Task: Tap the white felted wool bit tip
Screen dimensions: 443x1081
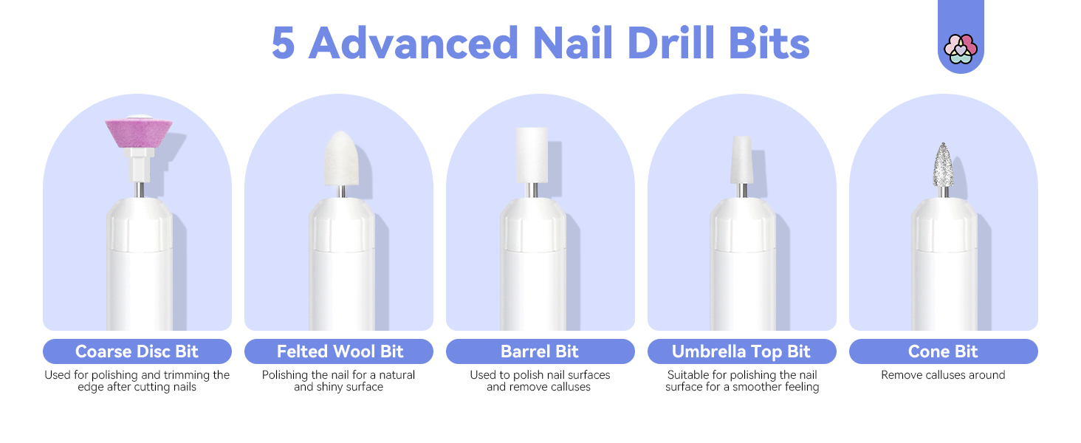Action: (340, 157)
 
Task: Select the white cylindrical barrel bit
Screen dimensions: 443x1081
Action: (532, 154)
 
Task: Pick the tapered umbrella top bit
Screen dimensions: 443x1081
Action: (742, 160)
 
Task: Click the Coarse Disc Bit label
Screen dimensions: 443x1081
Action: (137, 351)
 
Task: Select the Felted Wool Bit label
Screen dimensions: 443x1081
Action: (339, 351)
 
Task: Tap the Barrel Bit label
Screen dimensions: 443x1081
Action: (540, 351)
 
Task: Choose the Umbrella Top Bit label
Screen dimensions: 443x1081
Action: (741, 351)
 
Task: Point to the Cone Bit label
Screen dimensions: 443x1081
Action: (943, 351)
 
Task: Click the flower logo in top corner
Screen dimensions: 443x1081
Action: (961, 49)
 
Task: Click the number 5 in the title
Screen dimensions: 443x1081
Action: (284, 44)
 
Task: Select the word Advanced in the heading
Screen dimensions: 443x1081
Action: (413, 44)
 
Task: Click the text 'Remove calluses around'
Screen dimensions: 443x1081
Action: (943, 375)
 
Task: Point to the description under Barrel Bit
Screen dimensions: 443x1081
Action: (540, 381)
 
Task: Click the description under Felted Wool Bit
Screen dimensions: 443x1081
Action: (339, 381)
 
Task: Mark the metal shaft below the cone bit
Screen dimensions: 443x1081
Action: (944, 192)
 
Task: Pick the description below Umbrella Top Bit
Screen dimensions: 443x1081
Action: (741, 381)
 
